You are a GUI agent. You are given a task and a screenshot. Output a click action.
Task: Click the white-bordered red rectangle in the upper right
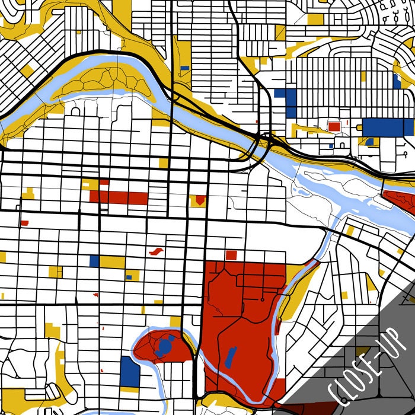[334, 126]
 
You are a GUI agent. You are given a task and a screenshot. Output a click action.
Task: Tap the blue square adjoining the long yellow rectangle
[94, 261]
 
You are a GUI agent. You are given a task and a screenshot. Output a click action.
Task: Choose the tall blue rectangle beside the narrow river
[129, 371]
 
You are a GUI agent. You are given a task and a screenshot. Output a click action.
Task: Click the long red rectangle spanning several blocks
[119, 197]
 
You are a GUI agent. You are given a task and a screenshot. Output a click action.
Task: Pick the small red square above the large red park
[231, 255]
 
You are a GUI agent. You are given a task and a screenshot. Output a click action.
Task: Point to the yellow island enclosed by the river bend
[101, 83]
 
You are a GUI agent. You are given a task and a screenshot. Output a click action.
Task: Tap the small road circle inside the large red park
[261, 300]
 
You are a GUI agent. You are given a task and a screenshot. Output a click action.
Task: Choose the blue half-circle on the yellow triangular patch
[370, 142]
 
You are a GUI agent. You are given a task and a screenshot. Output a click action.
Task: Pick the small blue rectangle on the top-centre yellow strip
[184, 68]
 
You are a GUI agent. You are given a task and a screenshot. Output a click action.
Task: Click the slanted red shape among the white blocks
[157, 252]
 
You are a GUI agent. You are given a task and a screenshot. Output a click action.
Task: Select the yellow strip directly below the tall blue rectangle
[129, 390]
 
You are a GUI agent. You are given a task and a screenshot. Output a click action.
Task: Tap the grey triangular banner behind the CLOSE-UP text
[379, 379]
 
